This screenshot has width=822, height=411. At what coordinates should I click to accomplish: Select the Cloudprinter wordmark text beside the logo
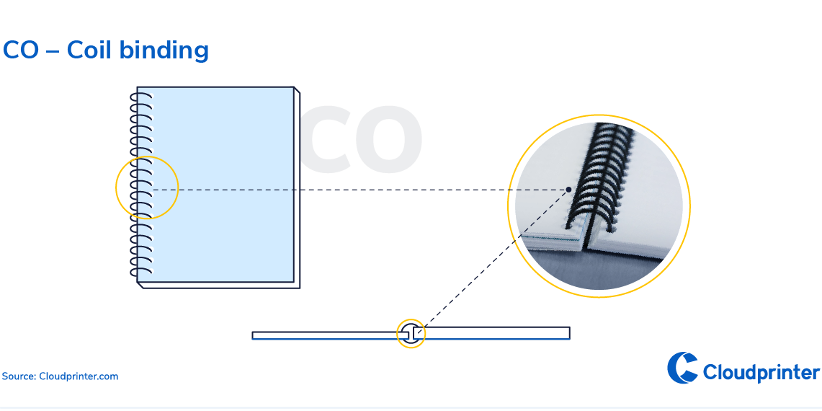[x=761, y=373]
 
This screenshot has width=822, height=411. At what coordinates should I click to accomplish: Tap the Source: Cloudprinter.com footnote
[x=60, y=376]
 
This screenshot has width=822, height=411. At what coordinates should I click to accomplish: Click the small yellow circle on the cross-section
[x=411, y=333]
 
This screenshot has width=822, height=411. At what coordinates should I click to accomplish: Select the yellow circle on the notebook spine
[x=147, y=187]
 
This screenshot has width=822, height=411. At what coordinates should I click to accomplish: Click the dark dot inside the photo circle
[x=568, y=190]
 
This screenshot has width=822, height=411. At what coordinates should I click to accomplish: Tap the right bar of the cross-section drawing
[x=497, y=332]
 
